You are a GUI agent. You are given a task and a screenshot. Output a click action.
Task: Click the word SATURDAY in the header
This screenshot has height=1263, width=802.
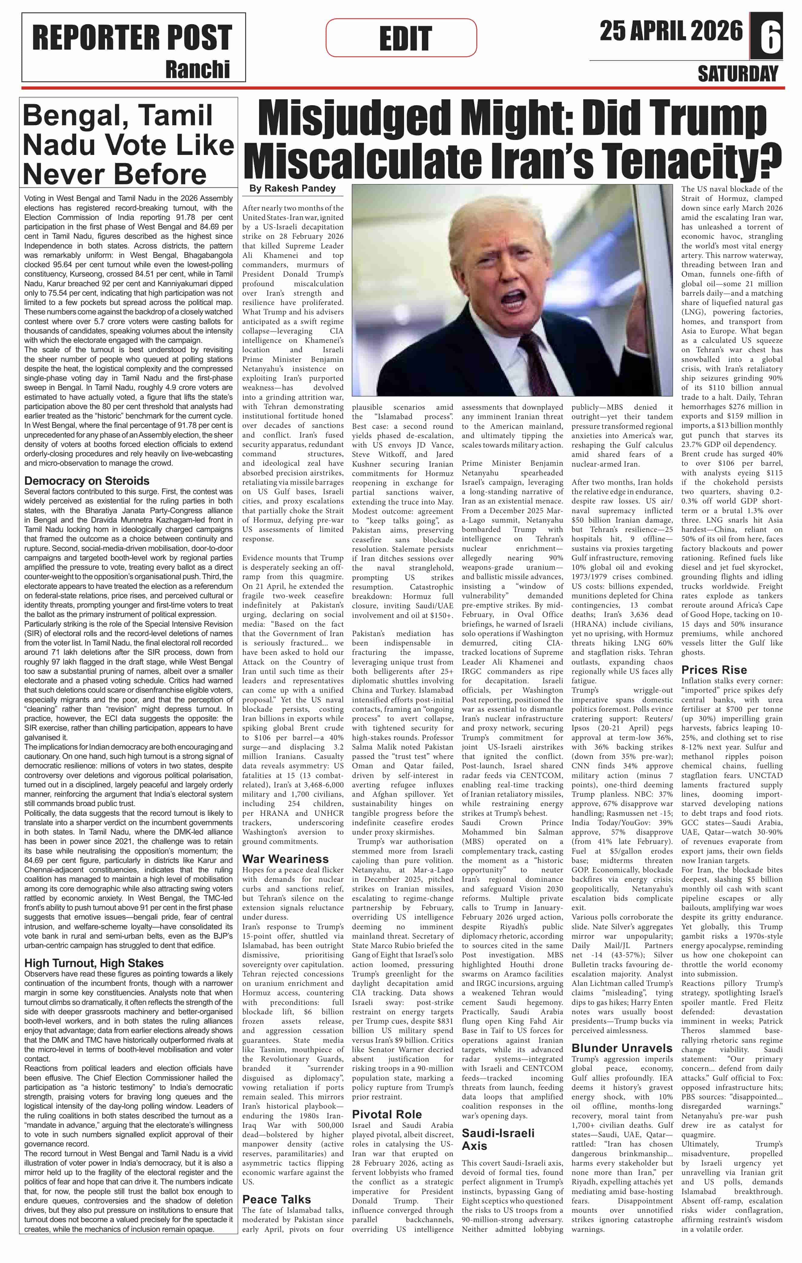pos(738,74)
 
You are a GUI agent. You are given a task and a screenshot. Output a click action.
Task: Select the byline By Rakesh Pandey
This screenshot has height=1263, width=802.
pos(292,188)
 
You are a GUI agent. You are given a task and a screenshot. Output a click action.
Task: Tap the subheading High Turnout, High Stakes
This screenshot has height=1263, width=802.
pos(94,963)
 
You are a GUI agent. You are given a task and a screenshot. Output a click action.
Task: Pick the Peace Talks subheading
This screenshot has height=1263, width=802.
pos(276,1199)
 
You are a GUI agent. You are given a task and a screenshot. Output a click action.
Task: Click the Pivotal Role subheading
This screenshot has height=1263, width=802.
pos(386,1114)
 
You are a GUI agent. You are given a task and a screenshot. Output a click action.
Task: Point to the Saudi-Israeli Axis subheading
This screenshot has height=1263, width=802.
pos(498,1139)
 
